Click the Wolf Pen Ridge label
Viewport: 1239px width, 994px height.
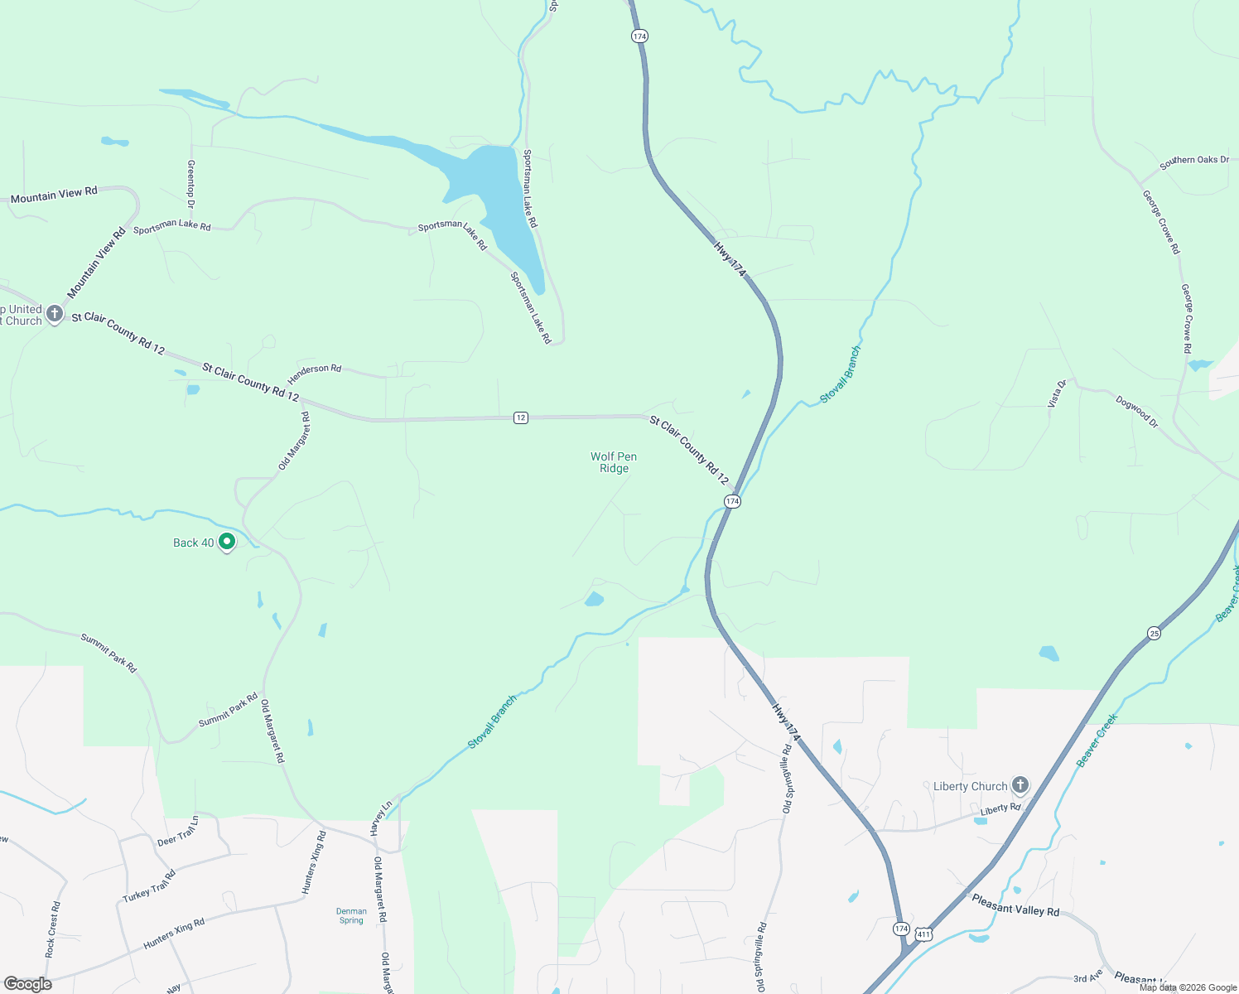pyautogui.click(x=614, y=462)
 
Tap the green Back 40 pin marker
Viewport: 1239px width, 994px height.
pyautogui.click(x=227, y=543)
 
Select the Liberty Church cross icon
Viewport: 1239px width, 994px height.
pyautogui.click(x=1020, y=785)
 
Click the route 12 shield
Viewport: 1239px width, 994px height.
pyautogui.click(x=520, y=417)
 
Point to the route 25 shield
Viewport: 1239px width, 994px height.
pyautogui.click(x=1155, y=634)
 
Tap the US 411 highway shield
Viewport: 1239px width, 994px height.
pyautogui.click(x=924, y=934)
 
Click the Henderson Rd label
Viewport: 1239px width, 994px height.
pyautogui.click(x=315, y=374)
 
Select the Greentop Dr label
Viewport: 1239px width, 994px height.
pyautogui.click(x=191, y=184)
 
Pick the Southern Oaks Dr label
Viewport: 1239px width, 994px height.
pyautogui.click(x=1194, y=161)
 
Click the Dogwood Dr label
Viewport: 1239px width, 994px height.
pyautogui.click(x=1136, y=412)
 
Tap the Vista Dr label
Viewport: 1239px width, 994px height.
pyautogui.click(x=1057, y=393)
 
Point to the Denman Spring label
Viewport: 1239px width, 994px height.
pyautogui.click(x=351, y=915)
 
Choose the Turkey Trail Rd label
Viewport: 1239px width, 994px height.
pyautogui.click(x=149, y=886)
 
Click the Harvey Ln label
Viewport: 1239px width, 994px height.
pyautogui.click(x=380, y=818)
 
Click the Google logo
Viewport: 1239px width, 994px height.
pyautogui.click(x=27, y=984)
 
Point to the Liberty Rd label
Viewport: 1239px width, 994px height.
pyautogui.click(x=1000, y=808)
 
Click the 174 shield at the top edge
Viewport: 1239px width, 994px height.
pyautogui.click(x=639, y=36)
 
